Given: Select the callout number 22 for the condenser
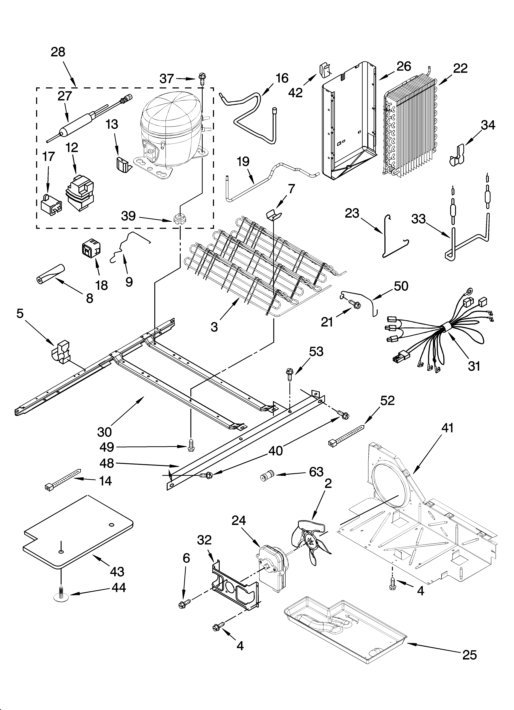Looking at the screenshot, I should pos(460,68).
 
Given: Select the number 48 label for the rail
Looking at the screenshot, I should pos(106,463).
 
